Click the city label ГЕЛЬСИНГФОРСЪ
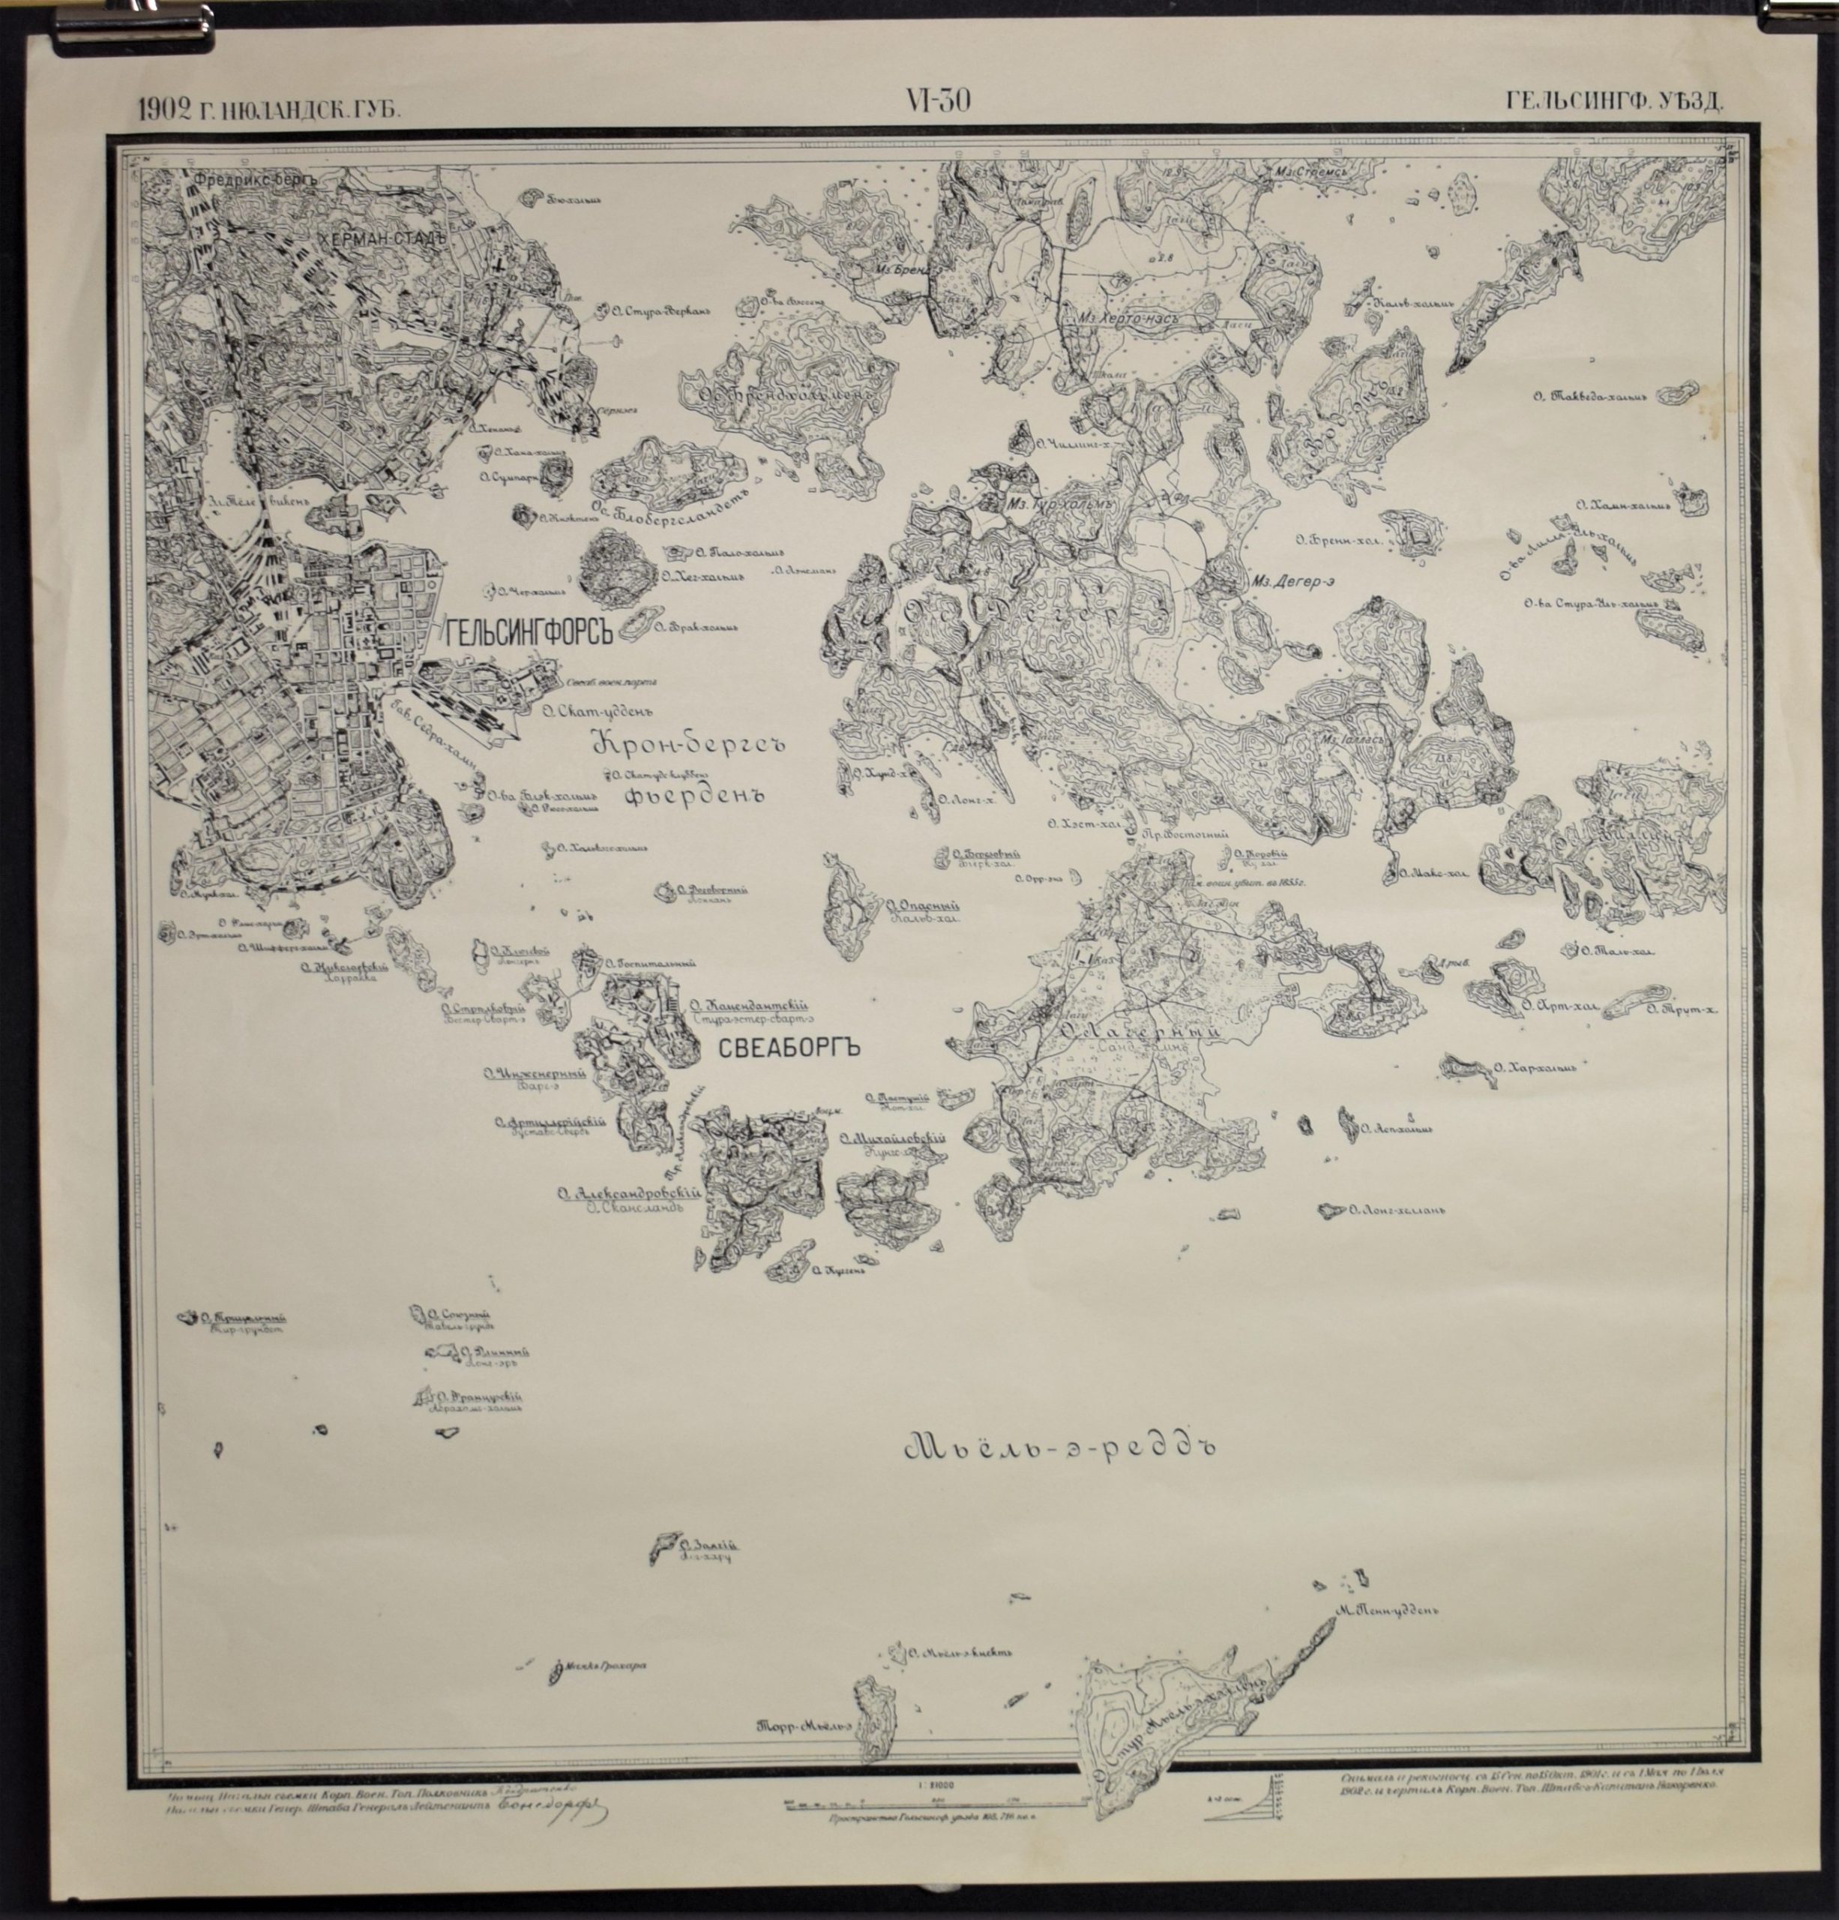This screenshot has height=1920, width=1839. click(x=528, y=634)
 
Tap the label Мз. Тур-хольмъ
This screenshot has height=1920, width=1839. click(x=1061, y=503)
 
